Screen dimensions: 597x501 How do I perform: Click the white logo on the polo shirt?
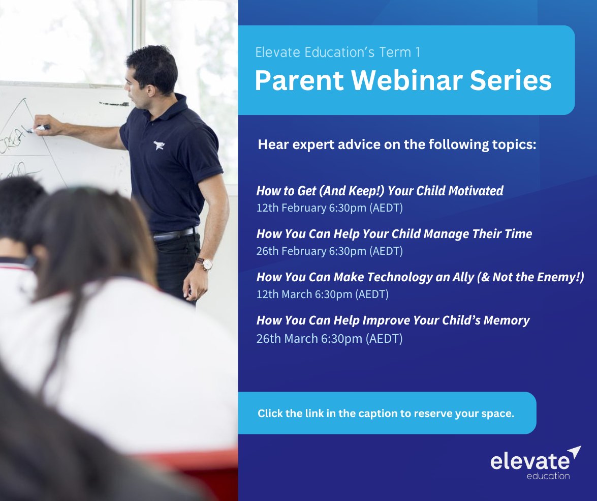tap(159, 145)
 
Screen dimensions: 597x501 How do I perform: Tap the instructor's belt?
tap(174, 234)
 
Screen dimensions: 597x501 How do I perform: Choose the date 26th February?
tap(291, 251)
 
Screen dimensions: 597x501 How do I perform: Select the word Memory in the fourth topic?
tap(507, 320)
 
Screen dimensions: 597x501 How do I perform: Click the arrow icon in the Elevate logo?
tap(575, 452)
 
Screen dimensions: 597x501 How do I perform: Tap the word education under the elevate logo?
tap(548, 476)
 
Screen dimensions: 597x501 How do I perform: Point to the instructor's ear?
tap(151, 90)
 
